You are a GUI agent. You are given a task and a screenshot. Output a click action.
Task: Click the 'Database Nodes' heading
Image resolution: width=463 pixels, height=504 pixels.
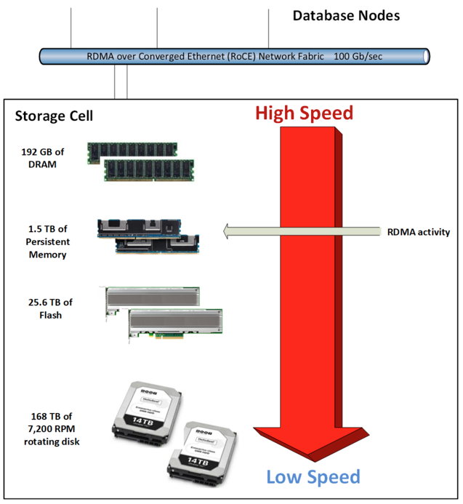(346, 15)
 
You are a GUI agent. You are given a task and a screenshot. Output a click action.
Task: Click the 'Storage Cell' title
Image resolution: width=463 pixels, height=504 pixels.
(54, 116)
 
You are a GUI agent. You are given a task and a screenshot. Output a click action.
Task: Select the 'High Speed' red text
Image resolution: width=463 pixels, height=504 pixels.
(304, 113)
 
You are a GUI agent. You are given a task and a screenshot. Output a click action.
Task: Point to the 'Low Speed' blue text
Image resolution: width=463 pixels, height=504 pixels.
(313, 477)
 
